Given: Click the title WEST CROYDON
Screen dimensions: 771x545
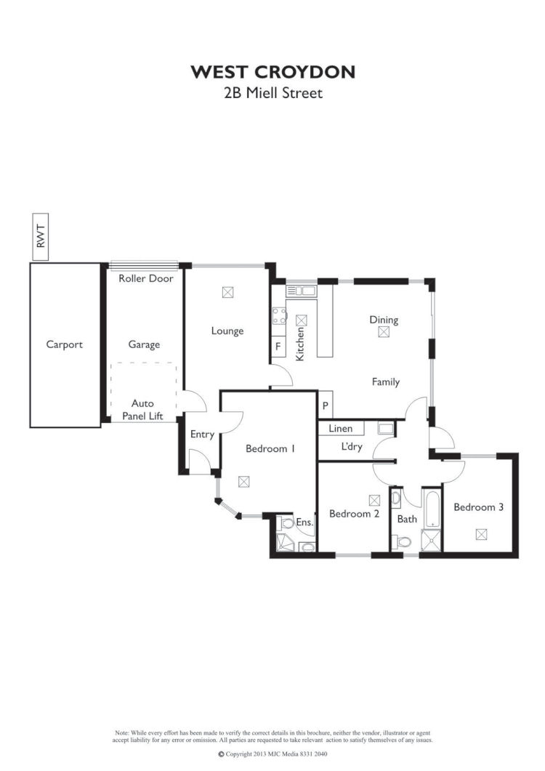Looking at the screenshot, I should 272,72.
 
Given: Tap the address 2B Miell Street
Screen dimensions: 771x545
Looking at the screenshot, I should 272,93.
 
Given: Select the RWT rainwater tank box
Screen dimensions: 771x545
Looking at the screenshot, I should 41,236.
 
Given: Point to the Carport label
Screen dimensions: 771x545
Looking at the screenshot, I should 65,345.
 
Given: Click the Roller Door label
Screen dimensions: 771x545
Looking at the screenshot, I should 145,278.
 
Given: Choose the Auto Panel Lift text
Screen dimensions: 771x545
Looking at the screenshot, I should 142,410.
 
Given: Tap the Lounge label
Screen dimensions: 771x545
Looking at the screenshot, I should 227,331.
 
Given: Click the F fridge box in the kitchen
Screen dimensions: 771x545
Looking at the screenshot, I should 278,347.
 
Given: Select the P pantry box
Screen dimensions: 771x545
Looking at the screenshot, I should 325,405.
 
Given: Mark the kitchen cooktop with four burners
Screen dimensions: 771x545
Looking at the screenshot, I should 279,316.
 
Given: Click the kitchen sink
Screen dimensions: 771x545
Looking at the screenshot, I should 301,291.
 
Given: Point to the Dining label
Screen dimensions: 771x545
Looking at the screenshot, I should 384,320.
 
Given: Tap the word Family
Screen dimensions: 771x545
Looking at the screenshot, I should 386,382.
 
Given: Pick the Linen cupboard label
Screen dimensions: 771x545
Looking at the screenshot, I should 341,429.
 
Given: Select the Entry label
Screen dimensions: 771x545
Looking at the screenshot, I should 202,435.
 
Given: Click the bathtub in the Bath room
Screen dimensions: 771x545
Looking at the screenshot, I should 432,509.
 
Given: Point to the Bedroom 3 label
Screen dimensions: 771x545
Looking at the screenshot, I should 479,507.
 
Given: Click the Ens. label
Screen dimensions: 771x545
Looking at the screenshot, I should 304,522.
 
